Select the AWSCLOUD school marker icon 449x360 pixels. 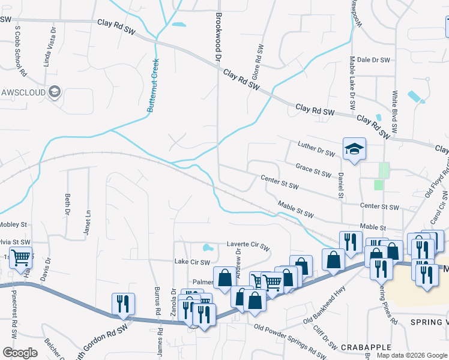pos(55,92)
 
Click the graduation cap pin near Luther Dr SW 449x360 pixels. pos(354,148)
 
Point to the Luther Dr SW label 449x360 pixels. pos(316,149)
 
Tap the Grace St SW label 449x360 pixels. pos(313,170)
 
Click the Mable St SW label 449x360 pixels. pos(296,210)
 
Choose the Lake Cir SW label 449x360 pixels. pos(192,262)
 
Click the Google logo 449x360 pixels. pos(20,353)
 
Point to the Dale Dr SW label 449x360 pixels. pos(373,60)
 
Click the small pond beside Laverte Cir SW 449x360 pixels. pos(208,247)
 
